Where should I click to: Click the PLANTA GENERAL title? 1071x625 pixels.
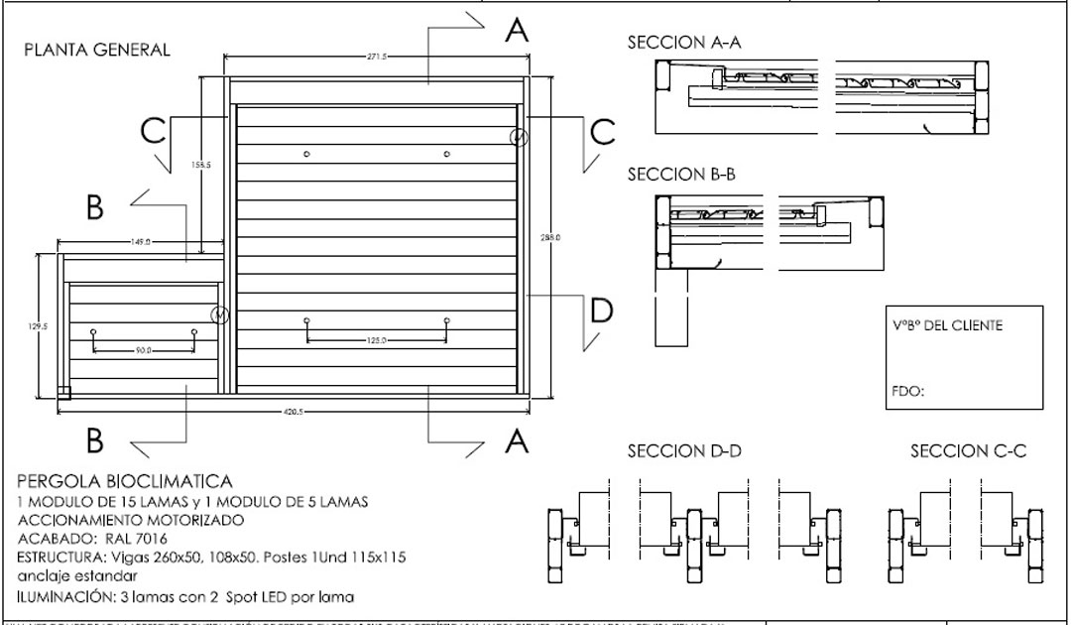tap(97, 50)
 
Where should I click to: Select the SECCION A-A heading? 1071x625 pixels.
tap(684, 44)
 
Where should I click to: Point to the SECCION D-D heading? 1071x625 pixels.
tap(684, 451)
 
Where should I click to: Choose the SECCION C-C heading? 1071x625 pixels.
tap(968, 451)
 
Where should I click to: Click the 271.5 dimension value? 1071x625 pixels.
tap(376, 58)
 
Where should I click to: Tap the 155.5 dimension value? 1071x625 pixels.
tap(200, 166)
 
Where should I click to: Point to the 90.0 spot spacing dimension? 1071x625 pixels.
tap(144, 350)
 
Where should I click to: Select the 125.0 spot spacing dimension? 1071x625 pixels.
tap(376, 341)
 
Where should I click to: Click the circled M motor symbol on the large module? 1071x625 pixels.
tap(518, 137)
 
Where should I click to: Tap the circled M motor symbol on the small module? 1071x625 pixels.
tap(220, 315)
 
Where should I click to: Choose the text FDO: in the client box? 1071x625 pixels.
tap(908, 391)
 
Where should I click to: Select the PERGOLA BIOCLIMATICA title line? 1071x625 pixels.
tap(125, 481)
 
